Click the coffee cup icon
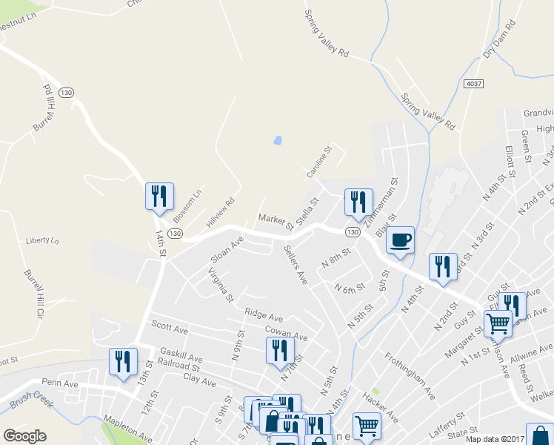pyautogui.click(x=400, y=240)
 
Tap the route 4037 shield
pyautogui.click(x=475, y=85)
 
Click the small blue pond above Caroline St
pyautogui.click(x=278, y=139)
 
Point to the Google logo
pyautogui.click(x=25, y=435)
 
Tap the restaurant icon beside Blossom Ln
pyautogui.click(x=159, y=197)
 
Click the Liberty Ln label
pyautogui.click(x=41, y=240)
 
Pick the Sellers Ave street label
pyautogui.click(x=296, y=265)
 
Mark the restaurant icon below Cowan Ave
pyautogui.click(x=281, y=350)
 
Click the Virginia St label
pyautogui.click(x=221, y=285)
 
